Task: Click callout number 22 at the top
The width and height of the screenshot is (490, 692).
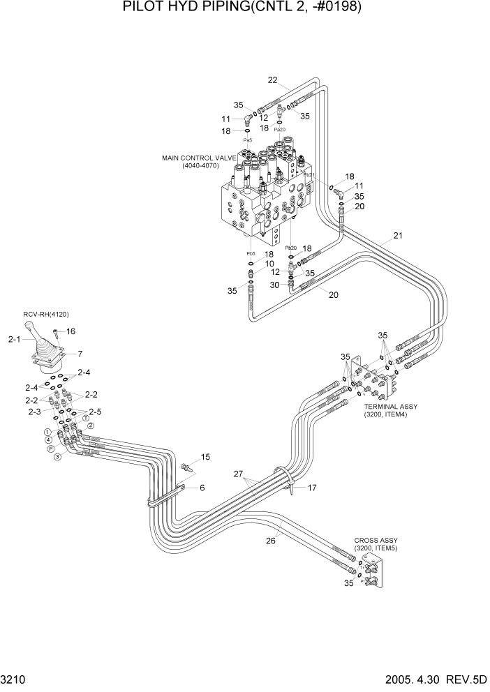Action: [273, 80]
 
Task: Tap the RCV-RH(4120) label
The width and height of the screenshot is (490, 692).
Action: [46, 315]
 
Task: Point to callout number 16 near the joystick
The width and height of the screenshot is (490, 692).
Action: [70, 331]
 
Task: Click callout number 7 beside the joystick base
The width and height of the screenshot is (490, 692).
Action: [80, 354]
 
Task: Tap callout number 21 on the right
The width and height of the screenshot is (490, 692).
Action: [399, 236]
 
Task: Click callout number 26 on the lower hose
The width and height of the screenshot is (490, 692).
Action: [272, 540]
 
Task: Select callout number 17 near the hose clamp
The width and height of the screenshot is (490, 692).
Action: [312, 488]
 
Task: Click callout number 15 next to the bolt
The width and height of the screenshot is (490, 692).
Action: [205, 457]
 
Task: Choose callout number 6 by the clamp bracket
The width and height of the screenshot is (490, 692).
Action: [202, 488]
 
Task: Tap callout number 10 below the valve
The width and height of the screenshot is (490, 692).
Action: [269, 264]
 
